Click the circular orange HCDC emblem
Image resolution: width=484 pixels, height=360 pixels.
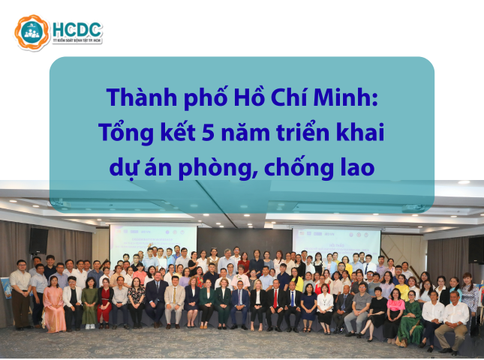pyautogui.click(x=32, y=32)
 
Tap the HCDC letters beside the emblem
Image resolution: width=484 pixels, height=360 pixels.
pyautogui.click(x=77, y=30)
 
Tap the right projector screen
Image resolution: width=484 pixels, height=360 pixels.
pyautogui.click(x=325, y=238)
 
